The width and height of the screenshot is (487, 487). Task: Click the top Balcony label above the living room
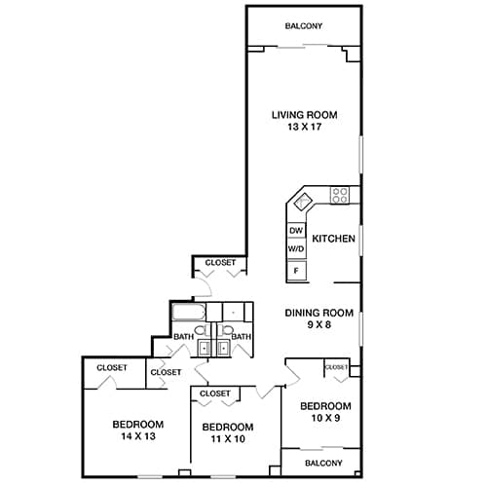pos(304,26)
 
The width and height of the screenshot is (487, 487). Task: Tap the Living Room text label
pos(304,115)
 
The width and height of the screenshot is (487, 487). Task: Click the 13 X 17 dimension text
pos(304,128)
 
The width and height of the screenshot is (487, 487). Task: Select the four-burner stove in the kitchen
pos(340,194)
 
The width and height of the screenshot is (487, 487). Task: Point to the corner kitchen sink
pos(302,202)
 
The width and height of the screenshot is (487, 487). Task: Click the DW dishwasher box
pos(296,231)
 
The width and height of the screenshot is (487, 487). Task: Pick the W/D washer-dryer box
pos(296,249)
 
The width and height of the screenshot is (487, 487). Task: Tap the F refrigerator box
pos(296,270)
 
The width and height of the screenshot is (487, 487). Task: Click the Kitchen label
pos(331,238)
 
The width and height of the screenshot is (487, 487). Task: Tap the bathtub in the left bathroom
pos(188,313)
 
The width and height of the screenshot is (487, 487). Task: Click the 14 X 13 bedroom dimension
pos(137,437)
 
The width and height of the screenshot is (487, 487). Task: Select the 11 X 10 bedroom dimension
pos(228,440)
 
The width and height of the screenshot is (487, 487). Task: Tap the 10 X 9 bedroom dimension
pos(324,418)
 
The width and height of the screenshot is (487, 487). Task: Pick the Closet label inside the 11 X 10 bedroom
pos(214,393)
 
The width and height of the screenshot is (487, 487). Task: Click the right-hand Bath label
pos(241,337)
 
